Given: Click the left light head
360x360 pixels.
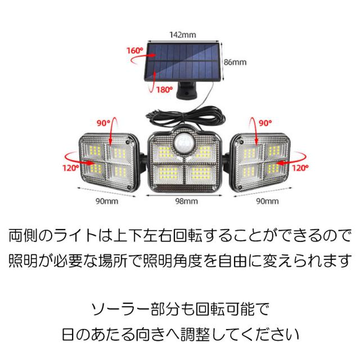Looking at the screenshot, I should click(x=108, y=161).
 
